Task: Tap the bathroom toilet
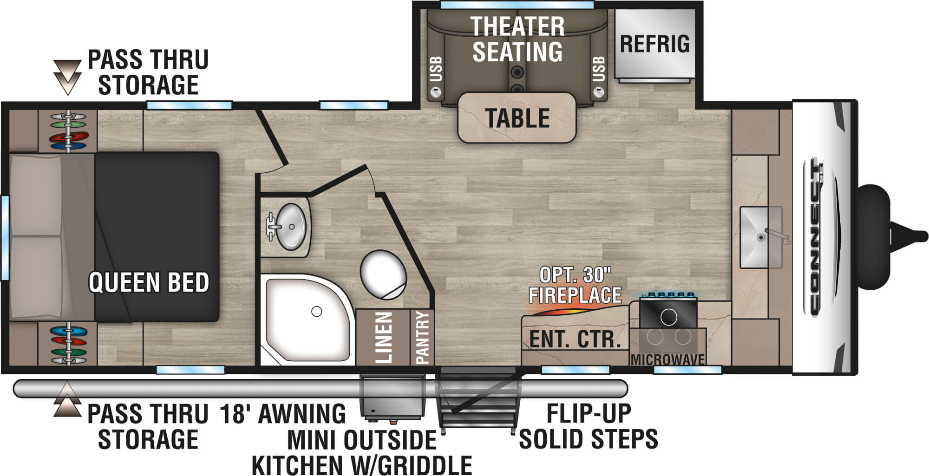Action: (x=383, y=274)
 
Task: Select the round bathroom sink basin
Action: (x=291, y=227)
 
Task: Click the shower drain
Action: (x=316, y=312)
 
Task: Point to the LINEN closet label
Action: (x=384, y=338)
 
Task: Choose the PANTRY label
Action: (x=422, y=338)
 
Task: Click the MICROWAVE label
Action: (x=667, y=359)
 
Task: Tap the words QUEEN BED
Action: (x=149, y=282)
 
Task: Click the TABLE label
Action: (x=517, y=118)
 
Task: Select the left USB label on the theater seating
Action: (x=436, y=69)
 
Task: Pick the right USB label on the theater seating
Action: (x=599, y=69)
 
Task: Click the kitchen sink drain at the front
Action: (x=761, y=237)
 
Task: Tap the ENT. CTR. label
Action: (x=575, y=339)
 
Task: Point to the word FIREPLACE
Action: (x=575, y=295)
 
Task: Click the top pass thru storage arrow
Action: (x=67, y=77)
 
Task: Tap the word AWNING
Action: (x=301, y=414)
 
